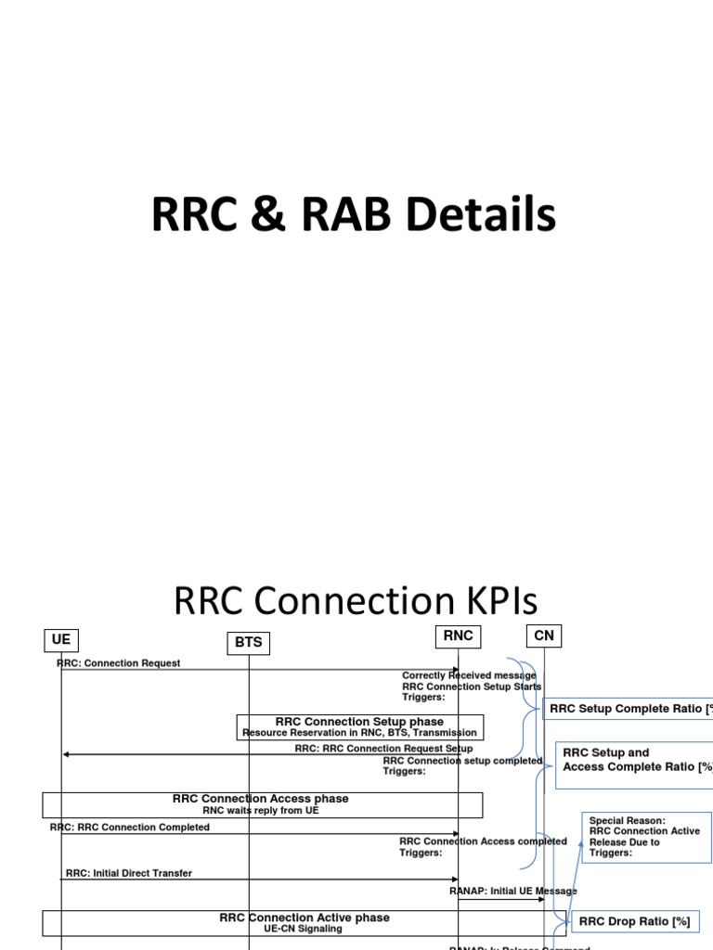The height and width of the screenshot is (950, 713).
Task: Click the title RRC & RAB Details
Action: [354, 215]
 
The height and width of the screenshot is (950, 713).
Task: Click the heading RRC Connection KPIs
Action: [356, 601]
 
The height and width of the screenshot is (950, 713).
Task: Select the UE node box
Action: [61, 639]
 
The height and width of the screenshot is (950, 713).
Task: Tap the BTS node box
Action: [248, 642]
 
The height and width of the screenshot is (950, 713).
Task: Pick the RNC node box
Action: [459, 635]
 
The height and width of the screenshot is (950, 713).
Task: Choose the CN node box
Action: [544, 635]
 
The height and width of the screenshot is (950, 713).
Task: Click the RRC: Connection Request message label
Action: [119, 663]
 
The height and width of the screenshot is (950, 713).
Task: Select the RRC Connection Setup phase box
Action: [359, 726]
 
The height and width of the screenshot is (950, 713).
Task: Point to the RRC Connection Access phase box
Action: [261, 803]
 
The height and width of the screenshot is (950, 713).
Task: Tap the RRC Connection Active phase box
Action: [305, 922]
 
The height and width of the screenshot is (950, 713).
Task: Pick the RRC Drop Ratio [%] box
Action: [635, 921]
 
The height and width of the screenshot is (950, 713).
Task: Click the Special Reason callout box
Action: [646, 837]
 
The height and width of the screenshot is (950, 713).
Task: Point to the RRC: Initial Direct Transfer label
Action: [129, 873]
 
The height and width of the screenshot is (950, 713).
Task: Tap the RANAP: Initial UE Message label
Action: [512, 891]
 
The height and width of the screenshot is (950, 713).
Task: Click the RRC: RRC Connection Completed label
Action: [130, 828]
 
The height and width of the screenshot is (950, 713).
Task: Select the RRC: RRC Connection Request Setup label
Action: [383, 748]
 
